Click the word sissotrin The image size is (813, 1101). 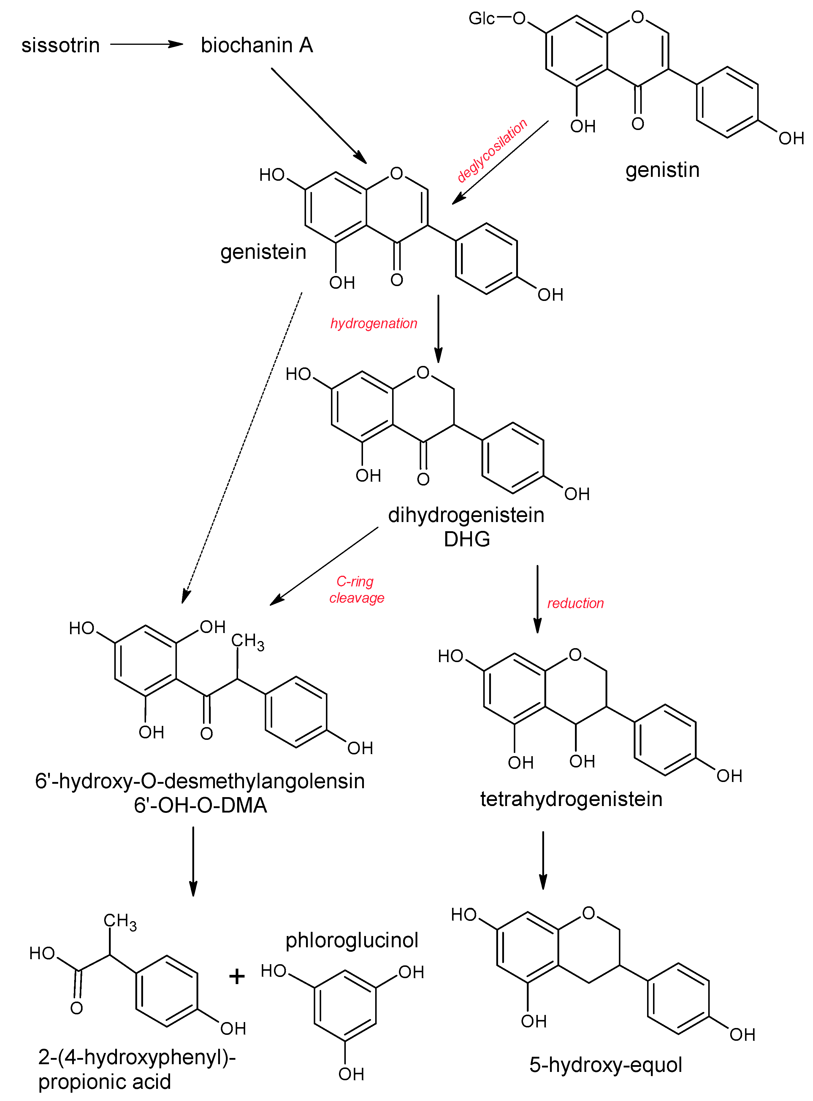click(x=61, y=45)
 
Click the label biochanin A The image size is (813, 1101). click(x=256, y=45)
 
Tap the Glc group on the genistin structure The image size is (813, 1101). click(x=481, y=19)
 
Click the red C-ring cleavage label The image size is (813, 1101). click(x=356, y=589)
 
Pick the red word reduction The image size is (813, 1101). click(x=575, y=603)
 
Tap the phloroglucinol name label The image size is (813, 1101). click(x=352, y=940)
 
